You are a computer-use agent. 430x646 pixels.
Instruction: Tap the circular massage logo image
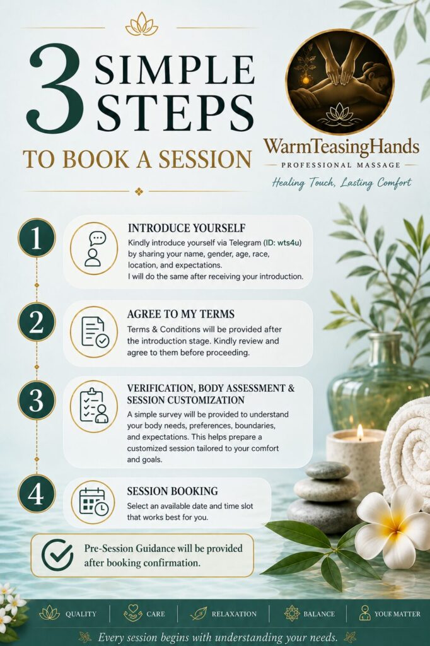click(340, 81)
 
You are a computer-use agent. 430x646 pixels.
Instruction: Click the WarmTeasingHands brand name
click(342, 146)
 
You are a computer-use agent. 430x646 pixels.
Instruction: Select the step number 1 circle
click(36, 238)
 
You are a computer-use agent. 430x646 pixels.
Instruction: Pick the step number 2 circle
click(36, 322)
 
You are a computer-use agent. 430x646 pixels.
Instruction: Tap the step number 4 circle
click(36, 493)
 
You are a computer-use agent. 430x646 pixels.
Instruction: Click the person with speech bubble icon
click(94, 249)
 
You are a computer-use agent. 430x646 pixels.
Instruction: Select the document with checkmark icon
click(95, 332)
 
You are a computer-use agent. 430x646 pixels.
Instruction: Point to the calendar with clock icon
click(93, 502)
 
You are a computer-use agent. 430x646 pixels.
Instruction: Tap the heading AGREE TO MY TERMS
click(180, 314)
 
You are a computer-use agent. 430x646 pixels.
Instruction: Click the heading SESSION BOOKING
click(172, 491)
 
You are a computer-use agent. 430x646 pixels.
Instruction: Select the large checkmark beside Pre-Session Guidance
click(57, 555)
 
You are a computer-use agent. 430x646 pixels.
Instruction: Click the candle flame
click(360, 433)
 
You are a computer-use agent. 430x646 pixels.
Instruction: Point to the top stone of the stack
click(328, 470)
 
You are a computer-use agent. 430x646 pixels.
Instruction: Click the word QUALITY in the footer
click(81, 614)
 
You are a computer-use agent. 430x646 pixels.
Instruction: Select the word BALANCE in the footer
click(319, 614)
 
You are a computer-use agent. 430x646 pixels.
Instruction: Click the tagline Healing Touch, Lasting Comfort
click(342, 182)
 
